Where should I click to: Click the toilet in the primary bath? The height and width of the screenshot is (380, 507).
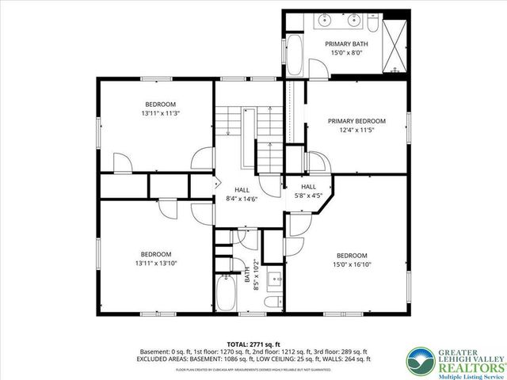395,66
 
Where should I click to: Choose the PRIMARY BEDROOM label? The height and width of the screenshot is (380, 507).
356,121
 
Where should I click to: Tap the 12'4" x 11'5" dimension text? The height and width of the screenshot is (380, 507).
356,131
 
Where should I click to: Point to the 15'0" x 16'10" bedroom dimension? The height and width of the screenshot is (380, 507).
351,265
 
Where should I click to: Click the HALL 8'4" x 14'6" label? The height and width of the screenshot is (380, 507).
242,195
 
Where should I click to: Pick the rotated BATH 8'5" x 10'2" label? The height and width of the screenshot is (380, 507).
250,275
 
